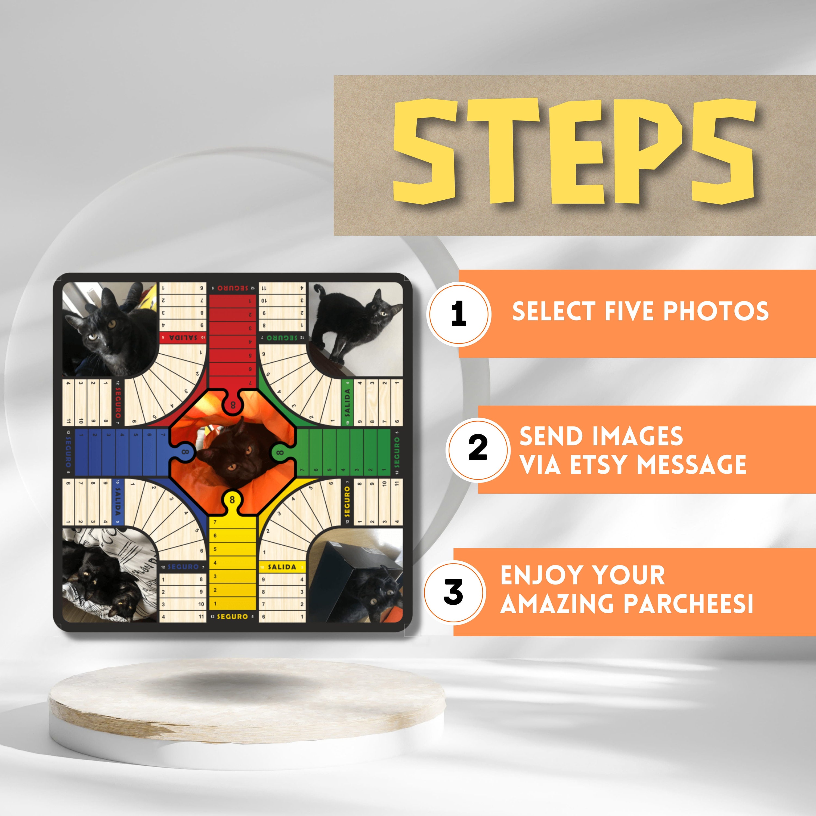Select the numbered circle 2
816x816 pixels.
[x=478, y=449]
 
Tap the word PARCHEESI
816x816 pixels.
[x=689, y=604]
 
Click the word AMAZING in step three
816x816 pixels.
[x=559, y=604]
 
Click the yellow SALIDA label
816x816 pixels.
[x=282, y=567]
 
